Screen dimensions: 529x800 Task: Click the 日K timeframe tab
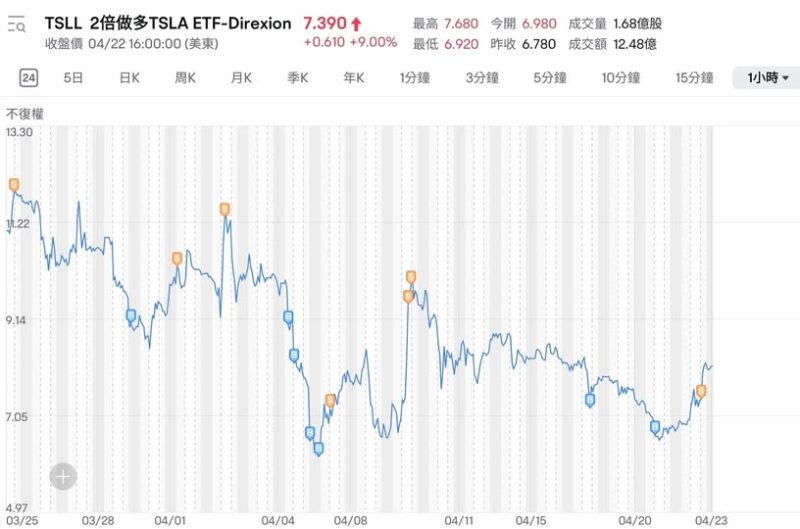(129, 78)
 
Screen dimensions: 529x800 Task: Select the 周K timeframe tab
(185, 78)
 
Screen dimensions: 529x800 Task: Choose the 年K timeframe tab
(354, 78)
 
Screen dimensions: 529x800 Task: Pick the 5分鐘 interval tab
(550, 78)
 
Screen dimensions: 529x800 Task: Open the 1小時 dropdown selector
(766, 78)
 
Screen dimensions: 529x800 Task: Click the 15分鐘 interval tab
(694, 78)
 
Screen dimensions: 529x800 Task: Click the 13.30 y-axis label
(20, 132)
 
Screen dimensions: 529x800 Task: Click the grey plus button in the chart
(63, 476)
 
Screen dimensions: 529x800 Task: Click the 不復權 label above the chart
(24, 114)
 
